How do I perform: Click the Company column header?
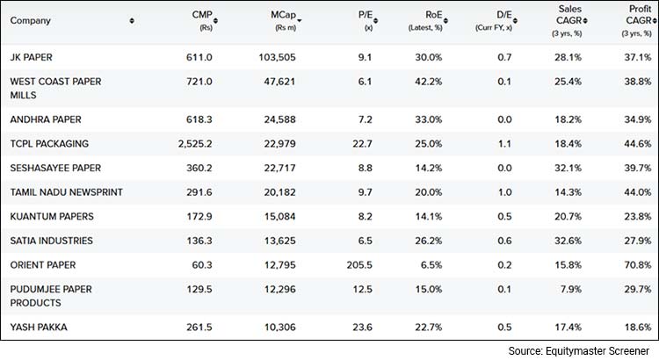coord(32,20)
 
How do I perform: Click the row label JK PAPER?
coord(32,57)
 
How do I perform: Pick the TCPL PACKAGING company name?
coord(49,143)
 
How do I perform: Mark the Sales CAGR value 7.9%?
coord(567,289)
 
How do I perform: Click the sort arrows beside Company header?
coord(132,20)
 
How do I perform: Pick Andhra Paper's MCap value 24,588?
coord(281,119)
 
